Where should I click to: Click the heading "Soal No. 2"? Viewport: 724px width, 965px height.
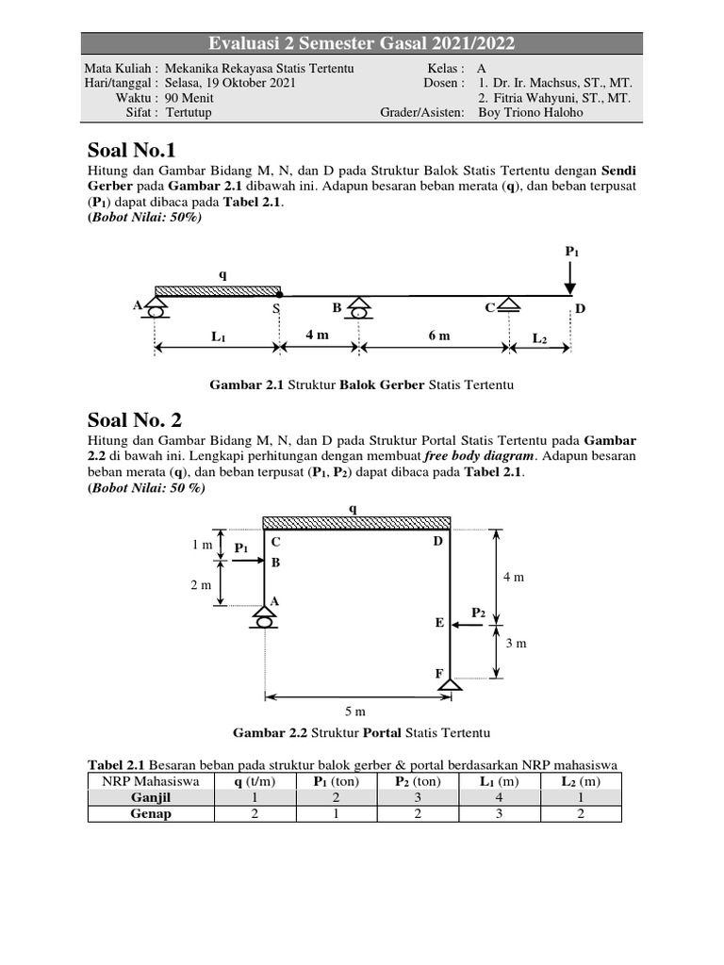(136, 419)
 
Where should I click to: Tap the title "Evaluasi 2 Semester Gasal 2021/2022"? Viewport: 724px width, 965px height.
(362, 43)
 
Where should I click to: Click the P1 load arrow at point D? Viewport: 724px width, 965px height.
(571, 280)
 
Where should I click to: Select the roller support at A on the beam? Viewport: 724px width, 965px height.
(156, 305)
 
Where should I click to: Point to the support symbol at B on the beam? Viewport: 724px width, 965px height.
(358, 307)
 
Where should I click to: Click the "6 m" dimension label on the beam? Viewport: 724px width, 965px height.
(438, 335)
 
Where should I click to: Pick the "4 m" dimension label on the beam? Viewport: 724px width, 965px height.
(317, 335)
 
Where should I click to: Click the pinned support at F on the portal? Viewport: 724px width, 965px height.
(450, 685)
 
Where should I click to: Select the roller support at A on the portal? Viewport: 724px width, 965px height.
(265, 617)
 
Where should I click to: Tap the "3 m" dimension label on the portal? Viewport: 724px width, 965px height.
(516, 644)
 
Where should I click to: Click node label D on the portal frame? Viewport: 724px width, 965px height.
(437, 542)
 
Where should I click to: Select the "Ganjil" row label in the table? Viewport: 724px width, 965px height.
(151, 797)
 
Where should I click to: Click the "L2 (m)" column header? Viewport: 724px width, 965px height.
(580, 781)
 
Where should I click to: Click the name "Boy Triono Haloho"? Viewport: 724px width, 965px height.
(532, 113)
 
